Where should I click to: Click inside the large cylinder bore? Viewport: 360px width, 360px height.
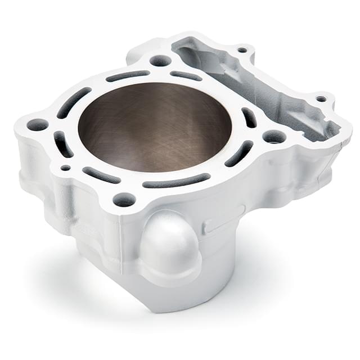click(x=155, y=127)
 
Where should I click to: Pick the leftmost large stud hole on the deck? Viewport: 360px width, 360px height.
click(x=37, y=124)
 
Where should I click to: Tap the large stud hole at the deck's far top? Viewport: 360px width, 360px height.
click(x=160, y=60)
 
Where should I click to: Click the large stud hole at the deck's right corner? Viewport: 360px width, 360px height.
click(x=274, y=137)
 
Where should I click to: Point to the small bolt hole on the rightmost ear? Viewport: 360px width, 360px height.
click(x=321, y=99)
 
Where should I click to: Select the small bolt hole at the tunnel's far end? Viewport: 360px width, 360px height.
click(x=242, y=50)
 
